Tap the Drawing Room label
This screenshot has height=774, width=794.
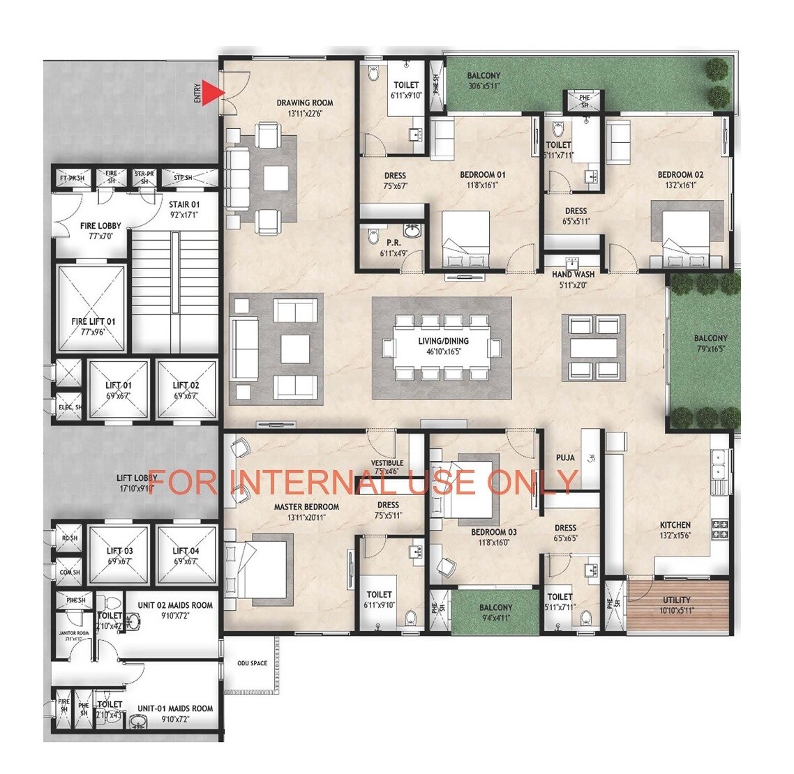tap(304, 103)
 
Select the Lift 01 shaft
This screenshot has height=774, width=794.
tap(118, 390)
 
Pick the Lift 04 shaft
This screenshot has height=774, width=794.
tap(186, 556)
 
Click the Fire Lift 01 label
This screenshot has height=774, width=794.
tap(93, 322)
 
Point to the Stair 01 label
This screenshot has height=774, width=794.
tap(184, 204)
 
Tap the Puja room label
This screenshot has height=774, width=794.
tap(565, 457)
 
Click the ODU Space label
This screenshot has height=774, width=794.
tap(252, 663)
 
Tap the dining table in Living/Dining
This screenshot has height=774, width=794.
tap(442, 347)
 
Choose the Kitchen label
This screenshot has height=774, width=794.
tap(675, 525)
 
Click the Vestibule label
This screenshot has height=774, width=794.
tap(387, 463)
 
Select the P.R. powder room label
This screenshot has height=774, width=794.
tap(393, 243)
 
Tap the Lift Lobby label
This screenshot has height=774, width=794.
tap(137, 478)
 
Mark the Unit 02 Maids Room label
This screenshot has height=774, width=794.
tap(175, 606)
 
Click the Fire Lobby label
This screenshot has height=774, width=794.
tap(100, 226)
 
